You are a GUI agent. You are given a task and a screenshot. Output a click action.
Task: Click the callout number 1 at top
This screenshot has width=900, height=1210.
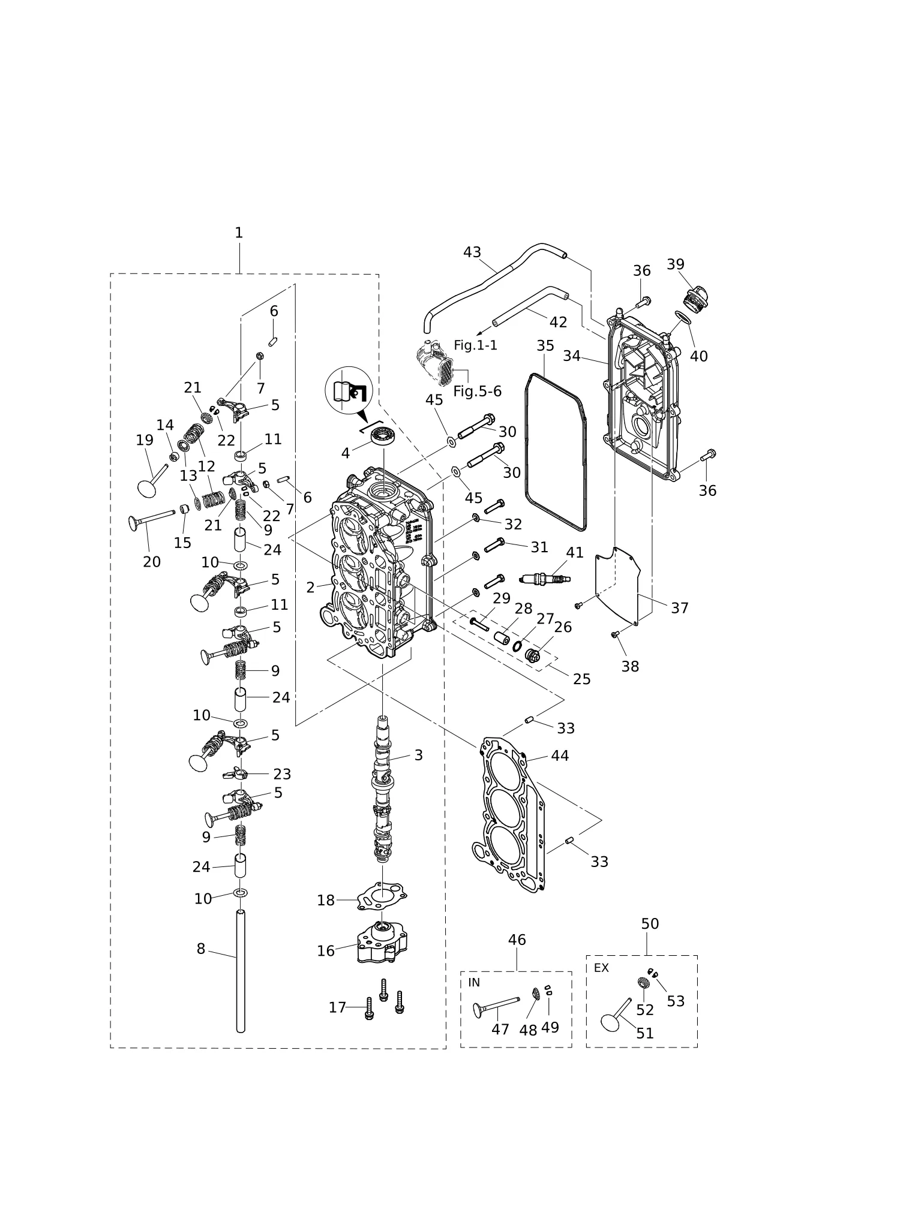[x=239, y=233]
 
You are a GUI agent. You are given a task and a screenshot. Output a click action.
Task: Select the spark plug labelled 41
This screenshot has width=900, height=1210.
[x=545, y=579]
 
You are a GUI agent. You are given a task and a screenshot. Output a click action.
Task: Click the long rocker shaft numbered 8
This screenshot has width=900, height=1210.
[x=241, y=971]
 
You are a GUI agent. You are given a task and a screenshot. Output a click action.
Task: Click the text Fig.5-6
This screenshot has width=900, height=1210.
[x=477, y=392]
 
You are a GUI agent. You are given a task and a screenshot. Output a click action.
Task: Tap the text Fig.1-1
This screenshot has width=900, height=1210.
[x=475, y=345]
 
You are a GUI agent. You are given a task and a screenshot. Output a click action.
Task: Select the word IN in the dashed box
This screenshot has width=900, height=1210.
[x=474, y=982]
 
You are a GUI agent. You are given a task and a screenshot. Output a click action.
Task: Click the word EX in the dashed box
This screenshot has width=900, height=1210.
[x=601, y=968]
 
